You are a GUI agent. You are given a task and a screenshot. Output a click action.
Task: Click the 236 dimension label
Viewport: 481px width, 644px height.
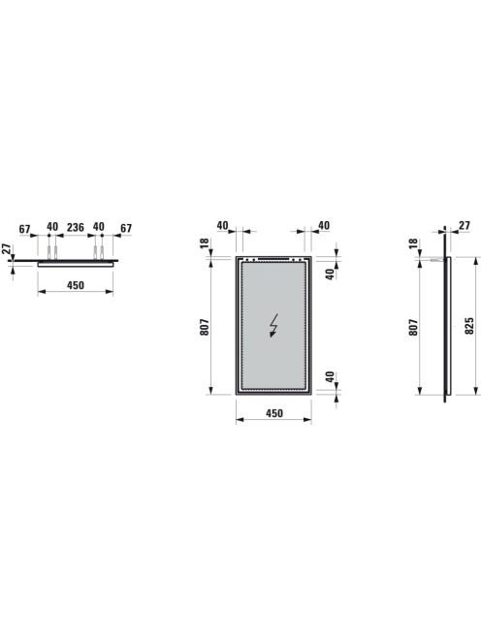point(76,227)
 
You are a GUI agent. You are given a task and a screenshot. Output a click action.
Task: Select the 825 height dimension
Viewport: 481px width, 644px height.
point(469,326)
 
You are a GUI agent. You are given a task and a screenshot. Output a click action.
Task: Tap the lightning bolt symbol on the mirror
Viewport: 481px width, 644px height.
point(273,325)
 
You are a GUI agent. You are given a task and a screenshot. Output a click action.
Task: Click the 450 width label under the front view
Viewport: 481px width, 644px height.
point(274,413)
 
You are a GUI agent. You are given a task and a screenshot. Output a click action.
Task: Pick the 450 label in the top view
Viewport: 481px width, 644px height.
point(76,285)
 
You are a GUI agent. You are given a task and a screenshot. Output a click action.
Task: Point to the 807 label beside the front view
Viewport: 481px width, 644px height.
point(205,327)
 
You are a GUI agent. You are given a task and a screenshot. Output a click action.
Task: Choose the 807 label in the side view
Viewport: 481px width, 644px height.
point(413,328)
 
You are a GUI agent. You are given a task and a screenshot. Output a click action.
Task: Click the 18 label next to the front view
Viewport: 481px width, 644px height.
point(205,243)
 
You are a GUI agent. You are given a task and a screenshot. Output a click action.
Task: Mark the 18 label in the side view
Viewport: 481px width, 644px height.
point(413,243)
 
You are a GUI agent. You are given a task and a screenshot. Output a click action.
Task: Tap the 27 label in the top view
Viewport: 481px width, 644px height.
point(6,249)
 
